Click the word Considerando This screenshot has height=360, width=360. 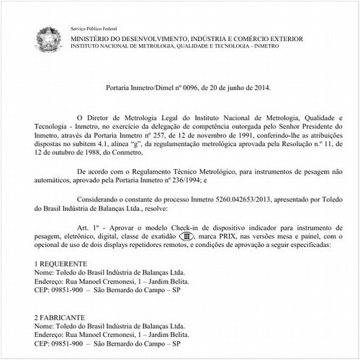pos(93,201)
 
